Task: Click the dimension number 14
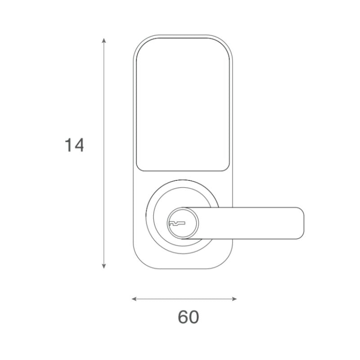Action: click(x=74, y=145)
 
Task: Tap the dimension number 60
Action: click(x=188, y=317)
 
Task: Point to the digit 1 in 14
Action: click(x=68, y=145)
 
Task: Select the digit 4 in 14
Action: click(x=79, y=145)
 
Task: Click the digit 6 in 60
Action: click(x=183, y=317)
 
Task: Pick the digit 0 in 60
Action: click(x=194, y=317)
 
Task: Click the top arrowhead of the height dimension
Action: click(x=104, y=40)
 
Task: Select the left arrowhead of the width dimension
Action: click(x=134, y=298)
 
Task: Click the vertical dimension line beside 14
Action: click(x=104, y=202)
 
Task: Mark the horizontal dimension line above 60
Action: click(x=184, y=298)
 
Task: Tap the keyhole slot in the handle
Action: click(x=177, y=222)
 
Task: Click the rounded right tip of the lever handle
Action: click(x=301, y=223)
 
